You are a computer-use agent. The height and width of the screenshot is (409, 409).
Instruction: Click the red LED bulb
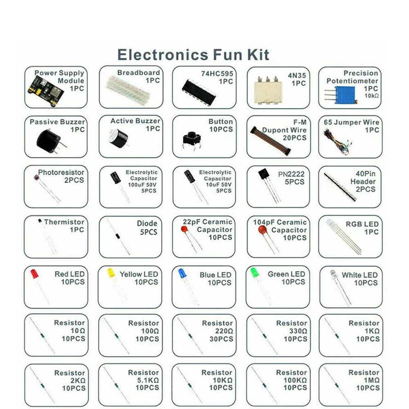(34, 274)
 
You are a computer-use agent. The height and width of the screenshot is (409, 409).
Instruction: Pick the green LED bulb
(254, 273)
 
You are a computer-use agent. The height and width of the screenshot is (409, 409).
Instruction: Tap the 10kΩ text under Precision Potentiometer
(371, 96)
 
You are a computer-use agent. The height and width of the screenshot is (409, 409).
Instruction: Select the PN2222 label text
(291, 174)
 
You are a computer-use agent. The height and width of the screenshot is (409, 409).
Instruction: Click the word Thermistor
(64, 222)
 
